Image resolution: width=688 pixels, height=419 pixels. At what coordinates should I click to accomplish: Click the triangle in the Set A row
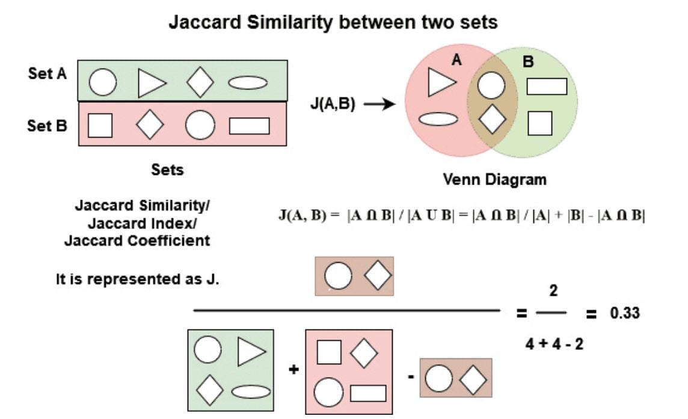pos(150,83)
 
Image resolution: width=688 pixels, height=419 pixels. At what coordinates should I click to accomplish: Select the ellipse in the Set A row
pos(248,83)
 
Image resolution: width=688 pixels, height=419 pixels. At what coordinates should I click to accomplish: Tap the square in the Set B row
pos(100,126)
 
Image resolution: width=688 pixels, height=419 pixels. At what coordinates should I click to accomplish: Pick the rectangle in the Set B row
pos(249,126)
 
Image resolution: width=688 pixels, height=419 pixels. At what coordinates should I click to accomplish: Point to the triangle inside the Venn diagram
pos(441,82)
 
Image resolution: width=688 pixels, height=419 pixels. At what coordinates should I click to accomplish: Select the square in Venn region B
pos(539,123)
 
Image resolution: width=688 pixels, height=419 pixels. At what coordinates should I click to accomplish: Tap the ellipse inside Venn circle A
pos(438,119)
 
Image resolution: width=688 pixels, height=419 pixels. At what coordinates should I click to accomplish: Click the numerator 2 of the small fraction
pos(553,292)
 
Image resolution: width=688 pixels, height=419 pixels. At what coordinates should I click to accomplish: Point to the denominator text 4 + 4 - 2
pos(553,346)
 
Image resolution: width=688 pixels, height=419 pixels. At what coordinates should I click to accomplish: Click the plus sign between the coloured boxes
pos(293,370)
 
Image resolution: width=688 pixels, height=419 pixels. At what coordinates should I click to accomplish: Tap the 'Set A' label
pos(48,74)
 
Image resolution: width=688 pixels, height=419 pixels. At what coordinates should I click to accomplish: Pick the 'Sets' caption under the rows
pos(167,170)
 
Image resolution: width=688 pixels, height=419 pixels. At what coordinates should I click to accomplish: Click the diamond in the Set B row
pos(150,125)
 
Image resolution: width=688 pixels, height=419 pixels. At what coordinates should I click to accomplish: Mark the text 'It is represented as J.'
pos(138,280)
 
